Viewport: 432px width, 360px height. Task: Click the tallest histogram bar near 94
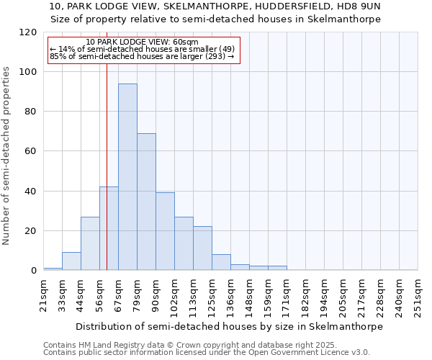pyautogui.click(x=127, y=177)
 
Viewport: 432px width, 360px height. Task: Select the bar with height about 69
pyautogui.click(x=146, y=202)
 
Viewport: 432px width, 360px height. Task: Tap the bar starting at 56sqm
pyautogui.click(x=109, y=228)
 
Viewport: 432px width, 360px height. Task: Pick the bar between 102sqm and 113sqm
pyautogui.click(x=184, y=243)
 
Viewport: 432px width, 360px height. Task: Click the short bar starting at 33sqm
pyautogui.click(x=71, y=261)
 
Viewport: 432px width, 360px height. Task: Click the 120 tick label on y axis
pyautogui.click(x=28, y=32)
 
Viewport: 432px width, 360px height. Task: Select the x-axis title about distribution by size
pyautogui.click(x=230, y=326)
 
